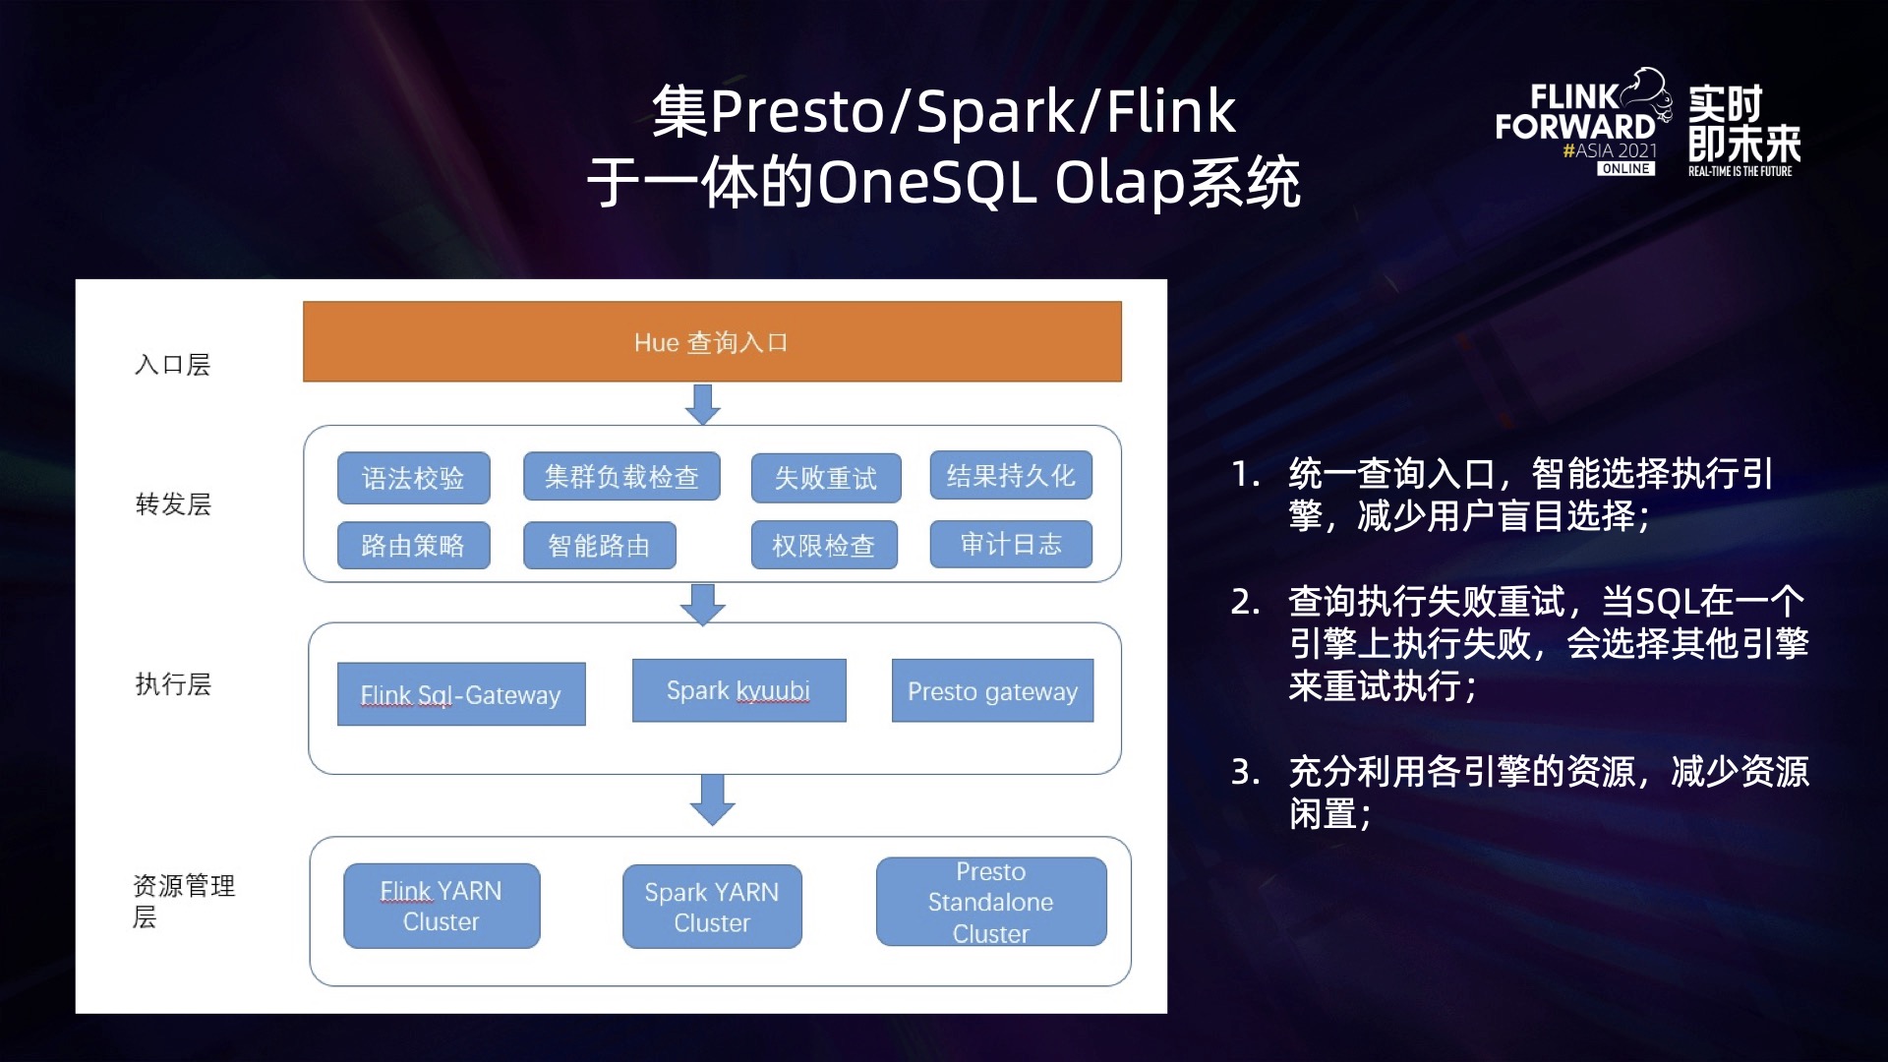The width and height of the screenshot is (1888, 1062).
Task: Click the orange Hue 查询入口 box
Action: click(x=712, y=341)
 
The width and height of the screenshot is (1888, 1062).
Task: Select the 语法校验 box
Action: click(x=413, y=478)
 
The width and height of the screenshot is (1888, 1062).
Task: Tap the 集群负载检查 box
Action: click(x=621, y=477)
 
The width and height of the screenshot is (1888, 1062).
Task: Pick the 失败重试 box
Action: click(x=826, y=478)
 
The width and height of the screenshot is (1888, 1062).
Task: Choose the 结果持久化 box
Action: click(x=1011, y=476)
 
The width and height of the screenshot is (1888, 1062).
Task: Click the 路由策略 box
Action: click(x=413, y=545)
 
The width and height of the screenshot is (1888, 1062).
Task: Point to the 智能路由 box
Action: click(x=599, y=545)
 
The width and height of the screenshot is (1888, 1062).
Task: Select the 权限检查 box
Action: click(x=824, y=545)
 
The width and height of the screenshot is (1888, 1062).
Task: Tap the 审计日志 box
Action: click(x=1011, y=544)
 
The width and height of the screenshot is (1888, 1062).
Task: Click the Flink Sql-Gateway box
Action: click(x=461, y=694)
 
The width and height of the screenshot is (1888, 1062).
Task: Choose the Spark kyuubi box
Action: click(x=738, y=690)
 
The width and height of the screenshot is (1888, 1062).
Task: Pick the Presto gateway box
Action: click(x=992, y=690)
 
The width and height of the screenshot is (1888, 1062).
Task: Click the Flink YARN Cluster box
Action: click(x=442, y=906)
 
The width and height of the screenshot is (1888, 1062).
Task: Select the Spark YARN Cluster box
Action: click(x=712, y=907)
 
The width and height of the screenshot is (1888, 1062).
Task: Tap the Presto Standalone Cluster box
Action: click(x=991, y=902)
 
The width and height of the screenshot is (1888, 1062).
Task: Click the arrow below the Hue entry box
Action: click(x=702, y=404)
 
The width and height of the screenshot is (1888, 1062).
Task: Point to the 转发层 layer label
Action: click(x=173, y=504)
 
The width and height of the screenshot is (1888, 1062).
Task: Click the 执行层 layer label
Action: click(x=173, y=684)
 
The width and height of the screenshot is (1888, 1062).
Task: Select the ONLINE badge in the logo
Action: click(x=1625, y=169)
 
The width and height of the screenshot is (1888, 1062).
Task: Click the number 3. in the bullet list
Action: click(x=1245, y=772)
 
